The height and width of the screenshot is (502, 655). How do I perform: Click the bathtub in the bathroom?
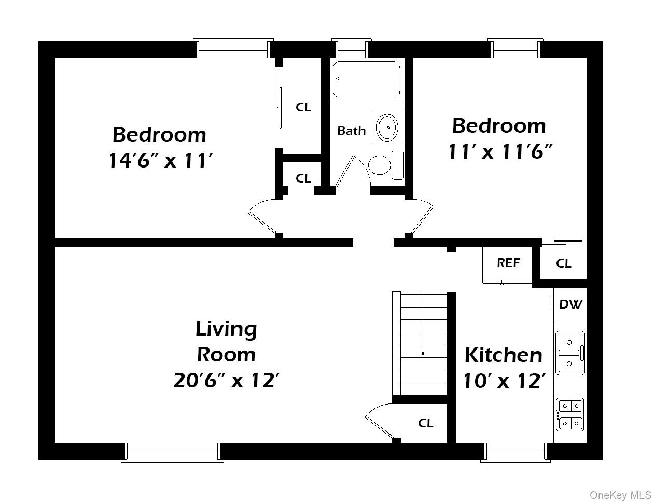[366, 79]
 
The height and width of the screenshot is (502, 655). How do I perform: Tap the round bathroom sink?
[387, 127]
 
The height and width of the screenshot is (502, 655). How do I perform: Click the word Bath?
[351, 131]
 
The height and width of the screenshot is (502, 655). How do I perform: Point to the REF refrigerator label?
[508, 263]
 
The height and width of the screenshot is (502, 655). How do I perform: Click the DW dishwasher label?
[570, 304]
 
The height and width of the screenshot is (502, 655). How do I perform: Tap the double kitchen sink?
[569, 353]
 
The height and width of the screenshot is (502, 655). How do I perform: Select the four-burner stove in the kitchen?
[569, 414]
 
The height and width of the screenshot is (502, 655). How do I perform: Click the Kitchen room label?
[503, 355]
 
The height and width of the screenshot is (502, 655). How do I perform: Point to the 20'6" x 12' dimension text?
[226, 381]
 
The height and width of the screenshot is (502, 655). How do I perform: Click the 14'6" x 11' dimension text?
[160, 160]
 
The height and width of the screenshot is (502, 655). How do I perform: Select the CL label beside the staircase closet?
[425, 423]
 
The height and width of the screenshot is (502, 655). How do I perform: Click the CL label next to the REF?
[563, 263]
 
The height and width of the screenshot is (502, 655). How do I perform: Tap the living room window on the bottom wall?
[173, 452]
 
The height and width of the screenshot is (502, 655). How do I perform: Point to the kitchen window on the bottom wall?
[514, 452]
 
